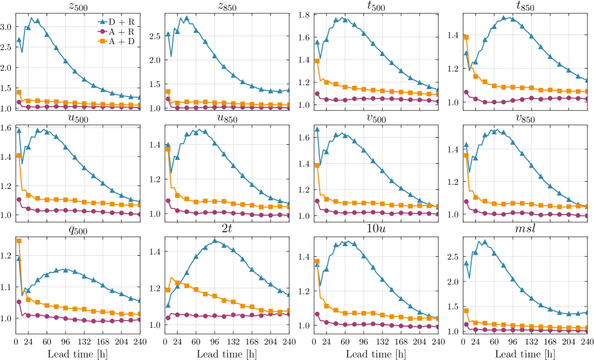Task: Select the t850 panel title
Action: (525, 7)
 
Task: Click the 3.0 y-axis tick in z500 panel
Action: (8, 27)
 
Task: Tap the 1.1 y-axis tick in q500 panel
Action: (8, 287)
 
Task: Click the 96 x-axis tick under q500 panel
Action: (64, 342)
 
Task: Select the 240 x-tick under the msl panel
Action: (587, 342)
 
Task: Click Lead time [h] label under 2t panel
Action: (227, 353)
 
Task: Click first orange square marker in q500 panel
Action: (18, 241)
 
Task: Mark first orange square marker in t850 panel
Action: (466, 38)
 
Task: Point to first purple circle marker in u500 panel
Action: (18, 200)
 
